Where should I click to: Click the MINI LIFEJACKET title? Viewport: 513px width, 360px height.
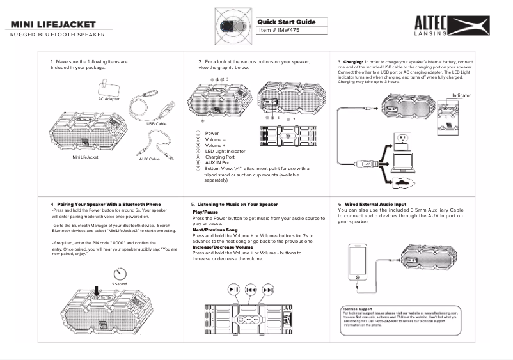coord(53,24)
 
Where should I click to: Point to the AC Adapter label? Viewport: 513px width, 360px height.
coord(108,99)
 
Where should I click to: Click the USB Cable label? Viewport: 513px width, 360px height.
coord(156,123)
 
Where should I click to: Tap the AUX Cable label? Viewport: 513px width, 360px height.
coord(149,159)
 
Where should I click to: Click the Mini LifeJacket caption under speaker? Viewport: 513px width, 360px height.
coord(85,157)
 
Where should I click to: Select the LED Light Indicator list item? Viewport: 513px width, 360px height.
coord(220,151)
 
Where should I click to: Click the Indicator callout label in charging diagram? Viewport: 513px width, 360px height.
coord(461,95)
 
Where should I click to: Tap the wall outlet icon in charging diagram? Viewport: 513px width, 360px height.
coord(403,140)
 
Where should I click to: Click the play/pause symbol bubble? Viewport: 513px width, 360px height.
coord(235,290)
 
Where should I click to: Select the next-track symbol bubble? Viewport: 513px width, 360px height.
coord(268,290)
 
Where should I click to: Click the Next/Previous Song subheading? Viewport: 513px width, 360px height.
coord(215,230)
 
